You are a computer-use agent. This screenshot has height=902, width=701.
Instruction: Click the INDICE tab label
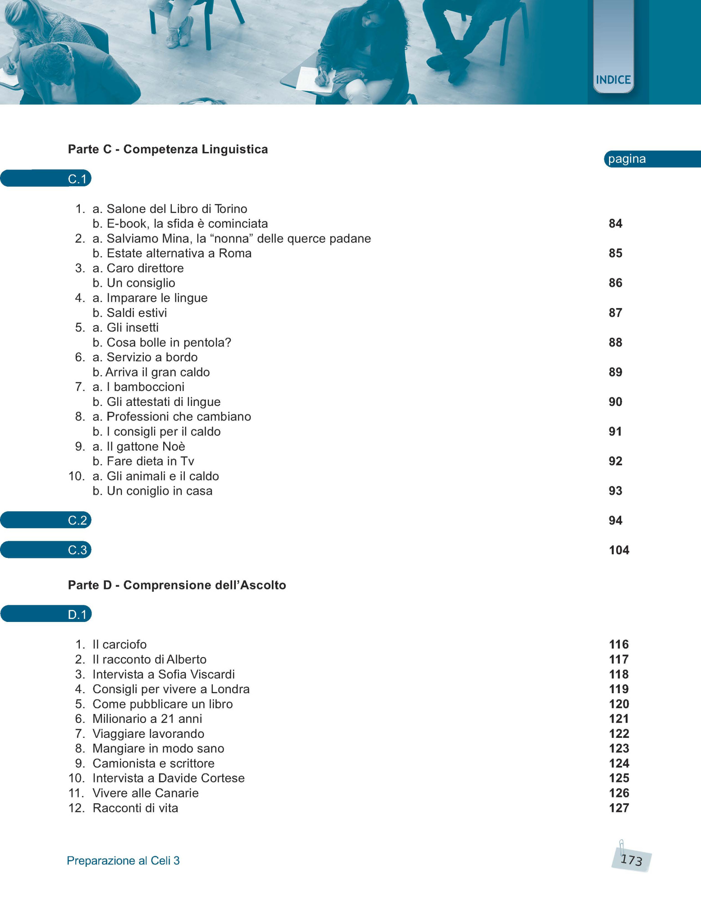613,80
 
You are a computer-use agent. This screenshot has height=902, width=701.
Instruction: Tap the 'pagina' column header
627,159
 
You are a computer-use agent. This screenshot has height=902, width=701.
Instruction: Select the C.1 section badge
77,179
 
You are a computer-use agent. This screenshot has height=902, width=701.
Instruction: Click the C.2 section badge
77,520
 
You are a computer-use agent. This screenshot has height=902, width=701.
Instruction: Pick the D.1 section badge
77,614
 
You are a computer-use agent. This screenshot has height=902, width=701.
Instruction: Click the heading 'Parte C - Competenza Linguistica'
168,149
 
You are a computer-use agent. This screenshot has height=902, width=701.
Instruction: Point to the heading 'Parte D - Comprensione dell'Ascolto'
177,585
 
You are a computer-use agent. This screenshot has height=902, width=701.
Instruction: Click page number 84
615,224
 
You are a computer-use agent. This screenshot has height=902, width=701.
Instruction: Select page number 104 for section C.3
619,550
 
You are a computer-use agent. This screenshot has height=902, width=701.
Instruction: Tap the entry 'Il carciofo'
119,644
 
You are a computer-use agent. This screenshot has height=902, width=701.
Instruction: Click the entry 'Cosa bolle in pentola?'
169,343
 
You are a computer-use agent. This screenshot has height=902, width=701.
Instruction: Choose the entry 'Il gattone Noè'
146,446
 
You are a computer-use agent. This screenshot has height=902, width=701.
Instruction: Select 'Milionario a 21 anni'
147,719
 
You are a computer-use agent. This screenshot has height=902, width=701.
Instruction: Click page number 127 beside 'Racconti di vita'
619,808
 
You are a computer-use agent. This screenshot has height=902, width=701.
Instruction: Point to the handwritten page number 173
631,860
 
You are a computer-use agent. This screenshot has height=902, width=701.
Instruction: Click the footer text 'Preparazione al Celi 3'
123,861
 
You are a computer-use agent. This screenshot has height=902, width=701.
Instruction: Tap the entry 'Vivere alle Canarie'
145,793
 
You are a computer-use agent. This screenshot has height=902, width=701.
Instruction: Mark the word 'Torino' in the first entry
231,209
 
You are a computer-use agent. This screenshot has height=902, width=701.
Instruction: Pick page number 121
619,719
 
